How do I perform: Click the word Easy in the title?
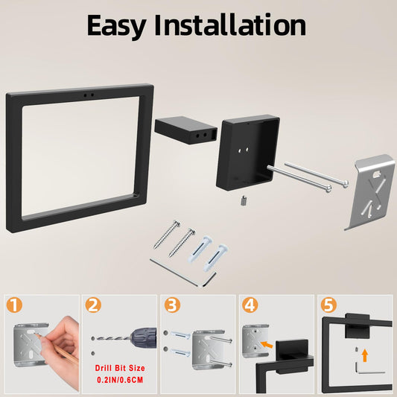pyautogui.click(x=116, y=26)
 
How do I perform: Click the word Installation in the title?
pyautogui.click(x=230, y=25)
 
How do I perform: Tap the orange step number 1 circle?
pyautogui.click(x=14, y=305)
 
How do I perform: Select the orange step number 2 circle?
pyautogui.click(x=93, y=305)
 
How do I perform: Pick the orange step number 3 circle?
pyautogui.click(x=172, y=305)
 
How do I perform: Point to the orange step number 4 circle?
pyautogui.click(x=250, y=305)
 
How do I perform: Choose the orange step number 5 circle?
pyautogui.click(x=328, y=305)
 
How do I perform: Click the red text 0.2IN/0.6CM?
pyautogui.click(x=120, y=380)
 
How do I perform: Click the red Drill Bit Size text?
pyautogui.click(x=120, y=368)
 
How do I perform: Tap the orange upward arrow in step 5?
pyautogui.click(x=364, y=355)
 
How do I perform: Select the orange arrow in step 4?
pyautogui.click(x=267, y=345)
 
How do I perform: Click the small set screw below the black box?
pyautogui.click(x=243, y=202)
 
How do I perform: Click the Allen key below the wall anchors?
pyautogui.click(x=183, y=273)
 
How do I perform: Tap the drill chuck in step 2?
pyautogui.click(x=143, y=338)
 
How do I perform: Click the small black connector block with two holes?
pyautogui.click(x=185, y=130)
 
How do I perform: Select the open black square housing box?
pyautogui.click(x=247, y=153)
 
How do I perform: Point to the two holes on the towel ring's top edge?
pyautogui.click(x=89, y=95)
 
